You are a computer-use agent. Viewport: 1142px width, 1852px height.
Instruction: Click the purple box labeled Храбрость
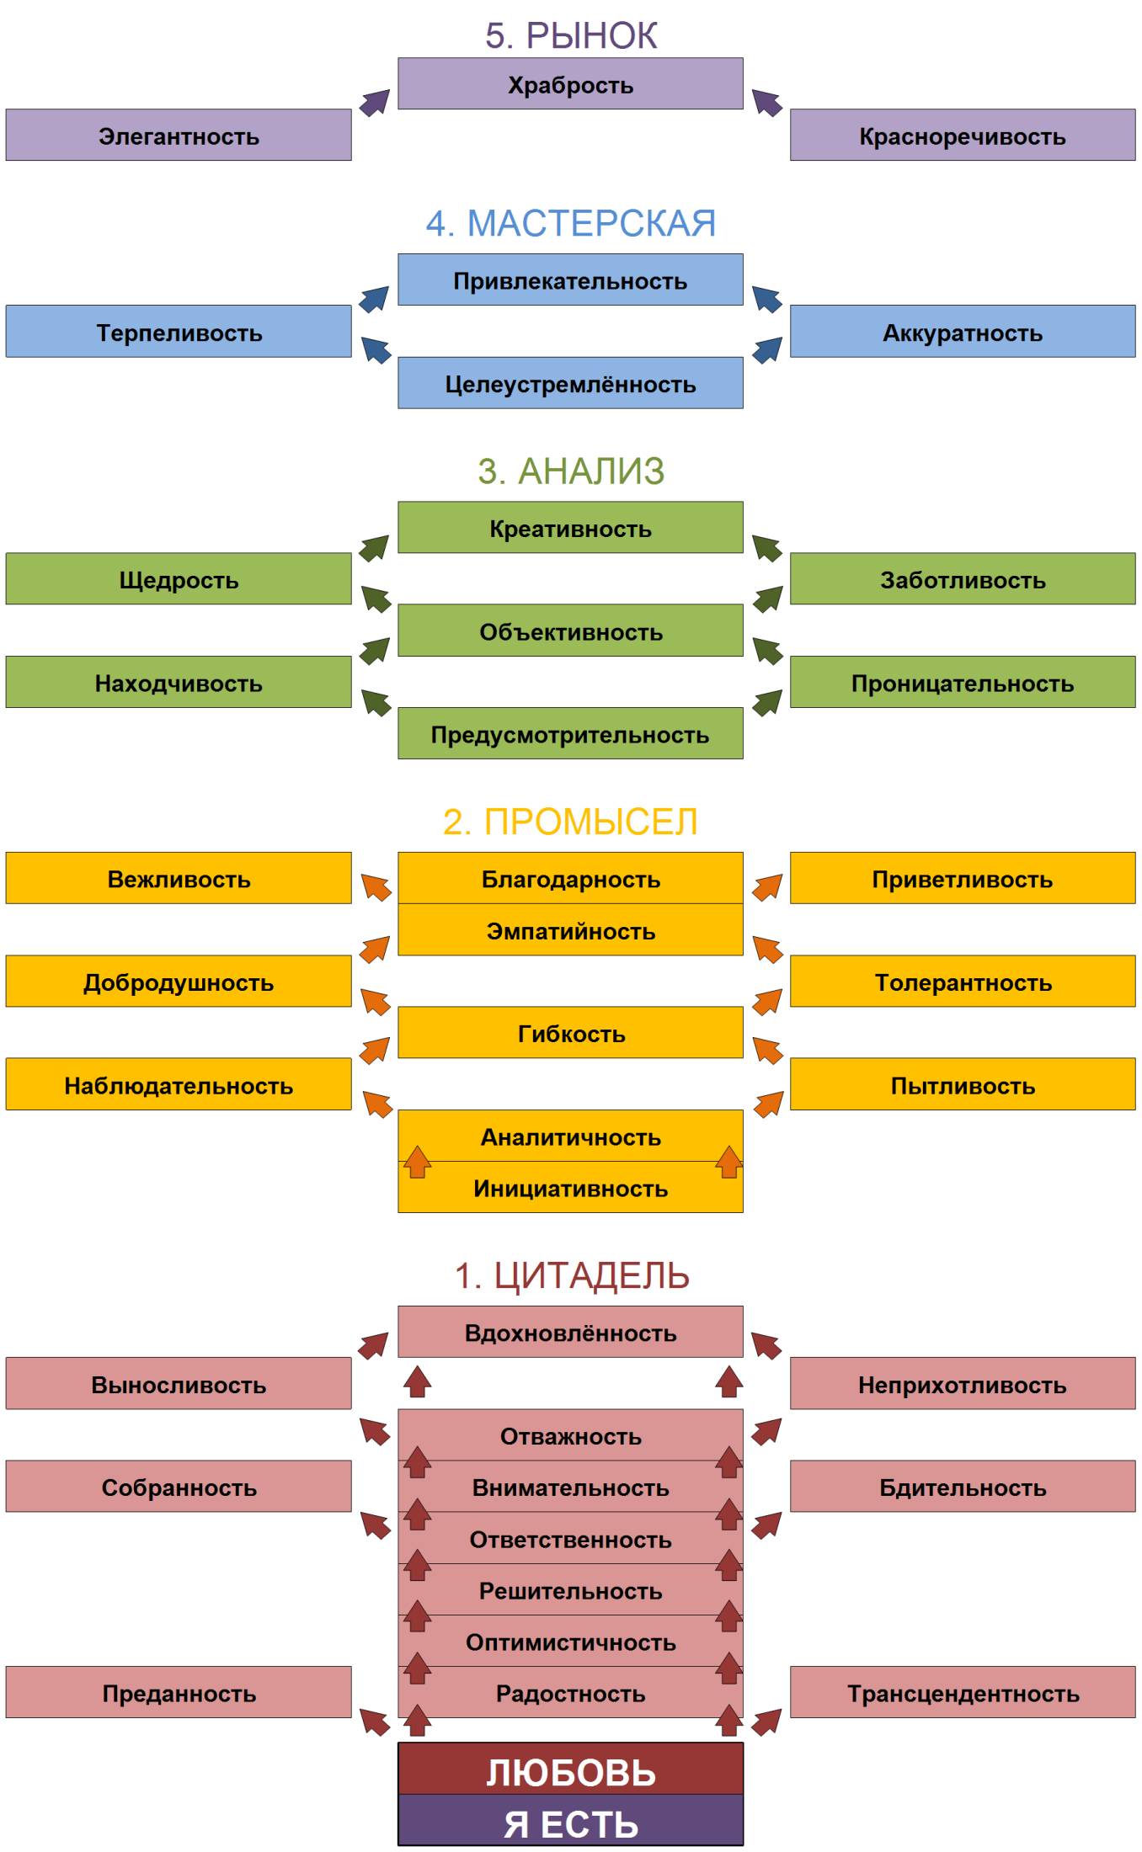[570, 84]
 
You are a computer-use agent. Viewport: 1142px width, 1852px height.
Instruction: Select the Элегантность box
[179, 136]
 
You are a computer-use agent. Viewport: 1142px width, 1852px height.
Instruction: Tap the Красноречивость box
[962, 136]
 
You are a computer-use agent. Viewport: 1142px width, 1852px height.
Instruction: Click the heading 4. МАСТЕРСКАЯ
[570, 224]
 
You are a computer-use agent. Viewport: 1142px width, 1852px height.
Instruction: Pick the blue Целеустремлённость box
[570, 384]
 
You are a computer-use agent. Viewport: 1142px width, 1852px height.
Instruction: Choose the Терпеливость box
[179, 332]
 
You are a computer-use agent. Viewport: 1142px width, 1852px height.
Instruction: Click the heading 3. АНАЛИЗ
[570, 471]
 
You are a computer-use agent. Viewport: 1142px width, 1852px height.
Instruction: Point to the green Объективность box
[570, 631]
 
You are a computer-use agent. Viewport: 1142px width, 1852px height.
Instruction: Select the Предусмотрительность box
[570, 734]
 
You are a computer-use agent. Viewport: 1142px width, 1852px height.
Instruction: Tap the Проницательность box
[962, 683]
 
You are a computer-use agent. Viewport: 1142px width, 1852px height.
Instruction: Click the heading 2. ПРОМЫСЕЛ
[570, 822]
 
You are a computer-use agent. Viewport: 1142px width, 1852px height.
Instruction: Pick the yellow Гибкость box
[570, 1033]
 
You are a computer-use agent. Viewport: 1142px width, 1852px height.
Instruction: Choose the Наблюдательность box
[179, 1084]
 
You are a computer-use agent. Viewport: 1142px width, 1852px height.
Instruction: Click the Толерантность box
[962, 982]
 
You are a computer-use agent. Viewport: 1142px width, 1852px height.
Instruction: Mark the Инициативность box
[570, 1188]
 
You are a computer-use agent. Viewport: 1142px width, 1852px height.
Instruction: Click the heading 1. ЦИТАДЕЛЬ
[570, 1276]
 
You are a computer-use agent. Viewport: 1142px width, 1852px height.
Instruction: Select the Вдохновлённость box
[570, 1333]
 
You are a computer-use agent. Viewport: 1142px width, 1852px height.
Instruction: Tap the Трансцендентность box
[962, 1693]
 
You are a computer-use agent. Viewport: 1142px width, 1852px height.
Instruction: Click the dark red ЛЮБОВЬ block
[570, 1771]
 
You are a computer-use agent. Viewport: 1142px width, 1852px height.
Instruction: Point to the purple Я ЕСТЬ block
[570, 1823]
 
